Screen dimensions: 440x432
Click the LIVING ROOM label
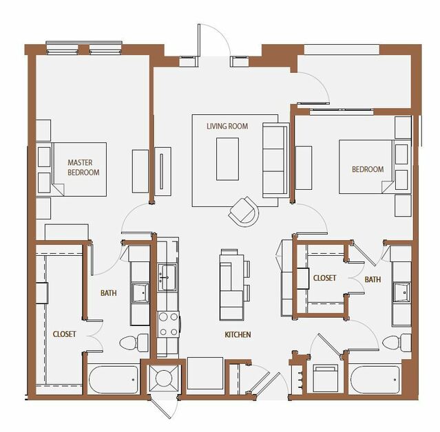click(x=227, y=126)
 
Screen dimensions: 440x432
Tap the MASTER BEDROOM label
click(x=83, y=167)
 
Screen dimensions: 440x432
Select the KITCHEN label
click(x=238, y=334)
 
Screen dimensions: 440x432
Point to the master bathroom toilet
click(x=134, y=343)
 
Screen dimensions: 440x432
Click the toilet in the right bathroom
click(x=397, y=343)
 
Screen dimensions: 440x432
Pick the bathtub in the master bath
click(x=114, y=380)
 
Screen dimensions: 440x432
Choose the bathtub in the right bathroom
click(x=376, y=380)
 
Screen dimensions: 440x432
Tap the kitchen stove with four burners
click(x=169, y=325)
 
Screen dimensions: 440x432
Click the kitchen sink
click(x=167, y=277)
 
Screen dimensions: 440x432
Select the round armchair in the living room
click(x=244, y=212)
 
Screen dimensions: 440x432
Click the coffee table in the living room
click(x=227, y=159)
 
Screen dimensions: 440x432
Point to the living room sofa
click(x=275, y=160)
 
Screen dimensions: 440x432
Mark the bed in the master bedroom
click(x=78, y=169)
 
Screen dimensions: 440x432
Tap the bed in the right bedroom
click(x=366, y=166)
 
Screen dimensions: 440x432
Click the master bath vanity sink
click(x=140, y=293)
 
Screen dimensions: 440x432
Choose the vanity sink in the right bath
click(x=401, y=292)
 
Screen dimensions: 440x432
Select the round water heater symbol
click(x=164, y=378)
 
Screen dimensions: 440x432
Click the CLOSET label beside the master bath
click(x=64, y=334)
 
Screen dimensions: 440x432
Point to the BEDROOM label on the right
click(x=368, y=169)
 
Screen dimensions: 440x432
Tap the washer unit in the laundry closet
click(x=325, y=378)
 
